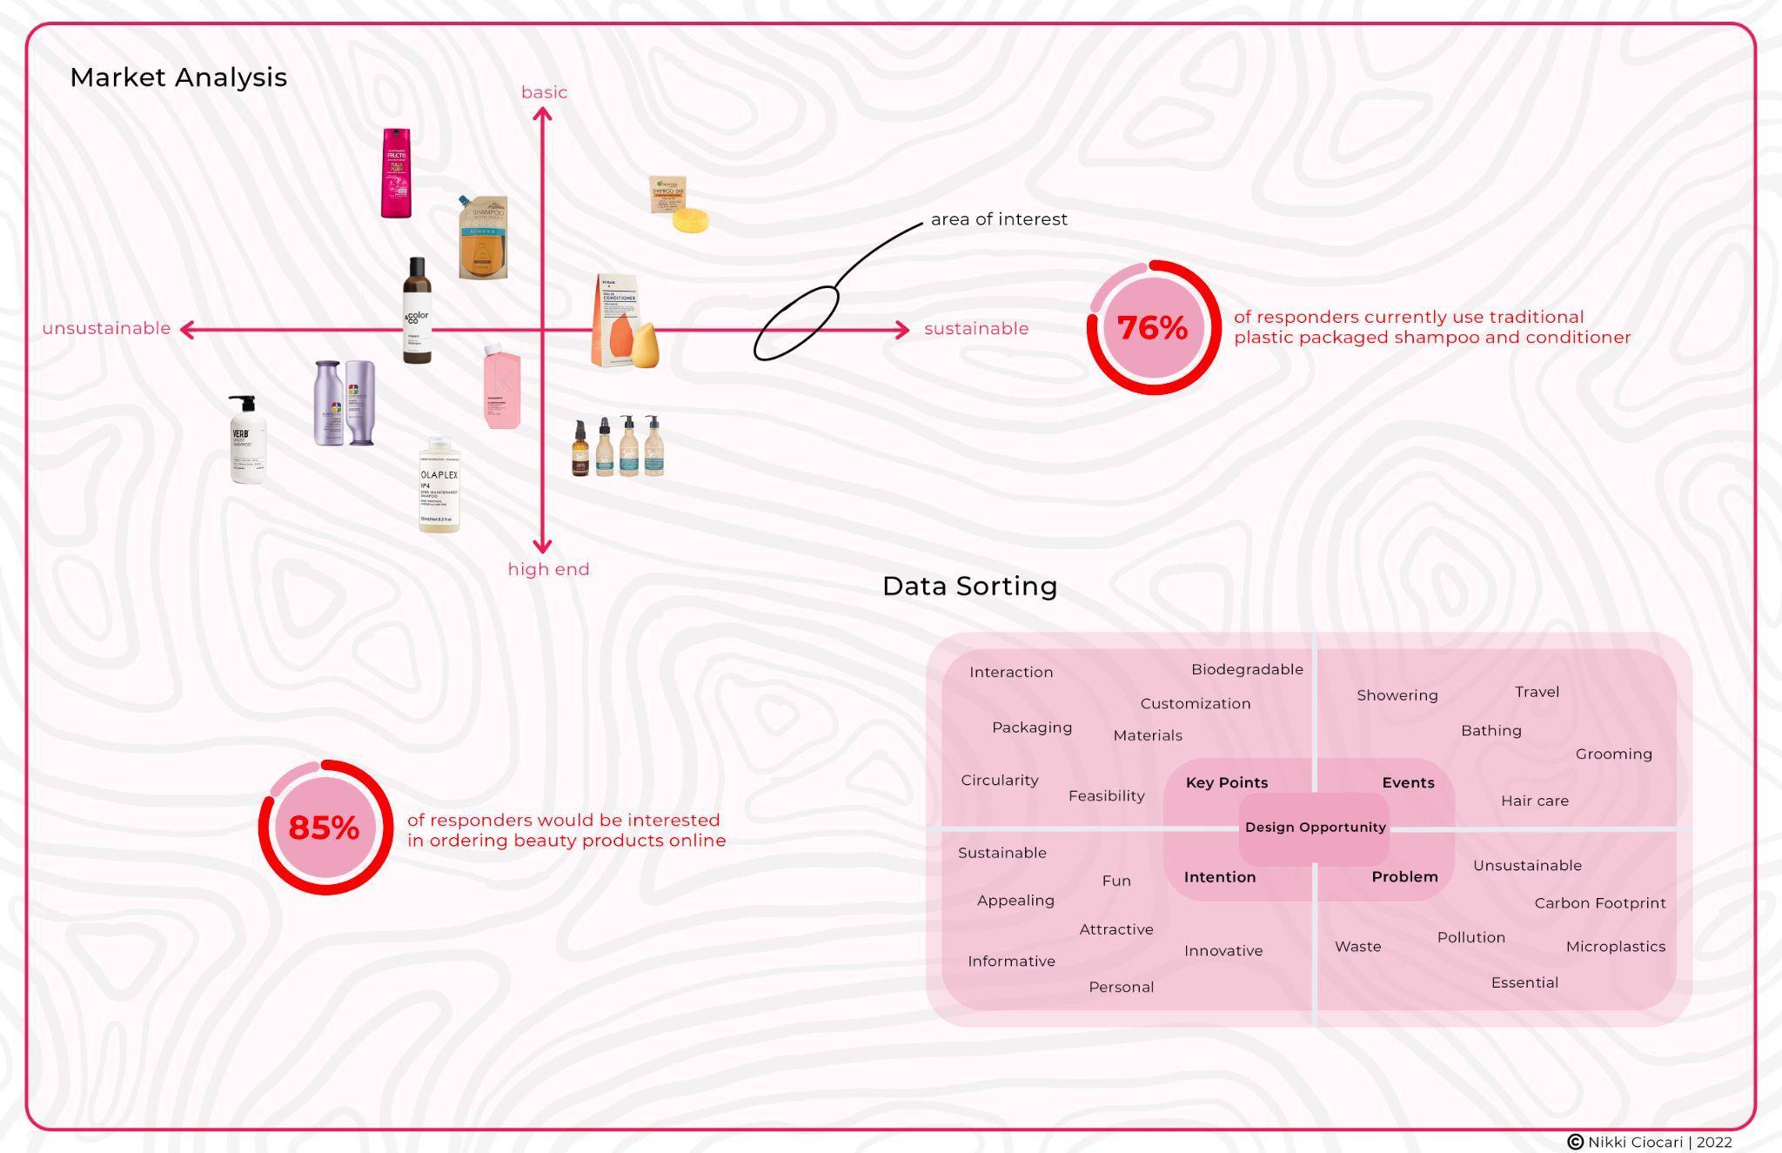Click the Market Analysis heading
pyautogui.click(x=178, y=77)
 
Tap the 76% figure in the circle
pyautogui.click(x=1152, y=328)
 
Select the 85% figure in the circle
pyautogui.click(x=324, y=828)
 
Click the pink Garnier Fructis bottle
pyautogui.click(x=396, y=173)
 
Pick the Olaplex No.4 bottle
pyautogui.click(x=439, y=485)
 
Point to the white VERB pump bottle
pyautogui.click(x=246, y=439)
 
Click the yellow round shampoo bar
pyautogui.click(x=691, y=219)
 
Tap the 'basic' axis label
pyautogui.click(x=544, y=92)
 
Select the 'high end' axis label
pyautogui.click(x=548, y=569)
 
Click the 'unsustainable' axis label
pyautogui.click(x=106, y=328)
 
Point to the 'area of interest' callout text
pyautogui.click(x=999, y=219)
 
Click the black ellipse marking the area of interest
pyautogui.click(x=795, y=323)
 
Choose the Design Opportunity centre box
pyautogui.click(x=1315, y=827)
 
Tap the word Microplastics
pyautogui.click(x=1615, y=947)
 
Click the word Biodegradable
pyautogui.click(x=1247, y=669)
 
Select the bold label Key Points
pyautogui.click(x=1226, y=782)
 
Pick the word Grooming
pyautogui.click(x=1613, y=754)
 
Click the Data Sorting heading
pyautogui.click(x=969, y=586)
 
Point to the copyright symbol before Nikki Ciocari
pyautogui.click(x=1575, y=1142)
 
